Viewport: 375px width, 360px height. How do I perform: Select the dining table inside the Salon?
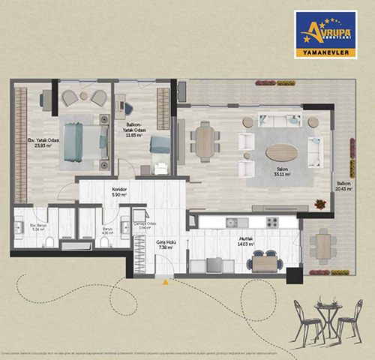205,140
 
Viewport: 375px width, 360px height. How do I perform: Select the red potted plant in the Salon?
321,202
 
